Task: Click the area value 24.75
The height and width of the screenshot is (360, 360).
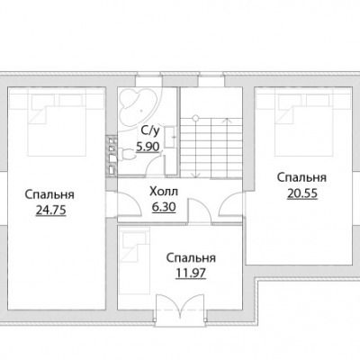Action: click(50, 210)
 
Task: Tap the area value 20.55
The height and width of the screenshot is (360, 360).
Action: click(302, 193)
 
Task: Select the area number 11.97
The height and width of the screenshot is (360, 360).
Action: click(191, 274)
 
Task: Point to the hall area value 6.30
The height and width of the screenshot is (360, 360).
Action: click(164, 207)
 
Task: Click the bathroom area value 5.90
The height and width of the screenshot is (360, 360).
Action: click(148, 147)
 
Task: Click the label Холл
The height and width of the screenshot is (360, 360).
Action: click(164, 192)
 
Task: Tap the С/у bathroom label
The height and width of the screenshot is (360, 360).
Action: click(149, 130)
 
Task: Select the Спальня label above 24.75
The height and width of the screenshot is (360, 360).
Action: click(49, 194)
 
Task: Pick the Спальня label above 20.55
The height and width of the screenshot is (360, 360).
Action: click(301, 177)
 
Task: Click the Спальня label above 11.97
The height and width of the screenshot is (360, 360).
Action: click(191, 258)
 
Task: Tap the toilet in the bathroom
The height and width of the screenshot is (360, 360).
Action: click(127, 154)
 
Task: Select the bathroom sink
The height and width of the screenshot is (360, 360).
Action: click(170, 137)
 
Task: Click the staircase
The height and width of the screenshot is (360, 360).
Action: click(211, 147)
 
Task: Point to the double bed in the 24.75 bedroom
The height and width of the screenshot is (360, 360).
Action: click(57, 124)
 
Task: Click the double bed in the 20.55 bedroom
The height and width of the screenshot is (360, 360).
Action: click(304, 124)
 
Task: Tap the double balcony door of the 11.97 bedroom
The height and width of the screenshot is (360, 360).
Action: click(180, 308)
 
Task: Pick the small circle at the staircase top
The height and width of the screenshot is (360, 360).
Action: click(195, 117)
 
